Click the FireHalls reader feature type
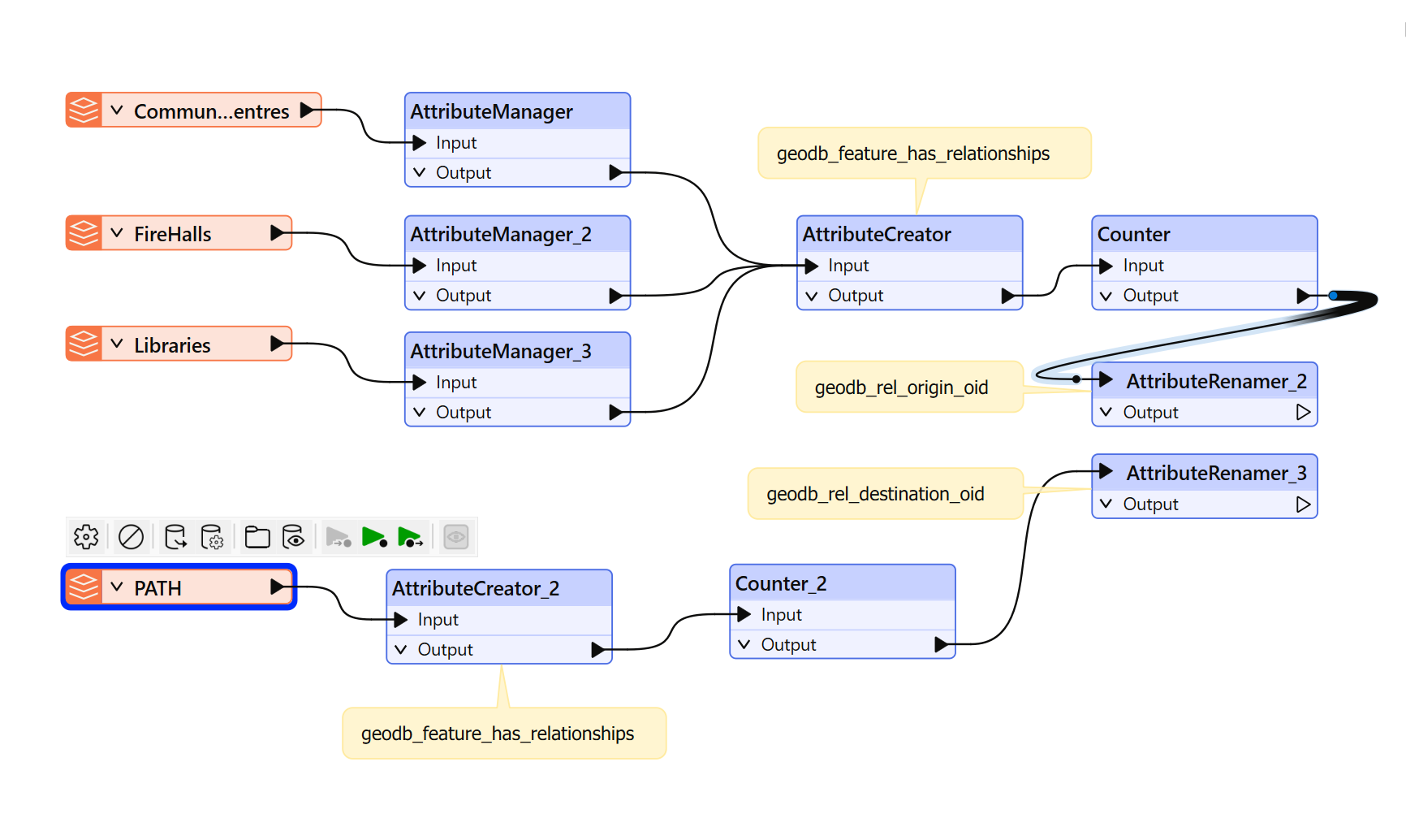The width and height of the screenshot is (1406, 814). pos(179,233)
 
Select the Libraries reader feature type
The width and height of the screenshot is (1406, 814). pos(179,344)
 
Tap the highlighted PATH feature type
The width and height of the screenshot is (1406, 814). pos(179,587)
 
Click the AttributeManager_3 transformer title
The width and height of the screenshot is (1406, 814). pos(501,351)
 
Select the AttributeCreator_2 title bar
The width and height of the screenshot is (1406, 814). pos(499,588)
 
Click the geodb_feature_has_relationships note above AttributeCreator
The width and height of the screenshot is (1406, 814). pos(925,153)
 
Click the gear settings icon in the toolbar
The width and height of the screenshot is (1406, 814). pos(86,537)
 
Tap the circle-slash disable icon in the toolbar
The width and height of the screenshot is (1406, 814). pos(131,537)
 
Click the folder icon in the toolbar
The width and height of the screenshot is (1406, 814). pos(257,537)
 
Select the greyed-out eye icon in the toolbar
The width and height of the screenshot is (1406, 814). pos(456,537)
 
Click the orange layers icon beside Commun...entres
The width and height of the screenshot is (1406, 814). pos(84,110)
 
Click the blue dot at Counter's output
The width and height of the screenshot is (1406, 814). pos(1333,296)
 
